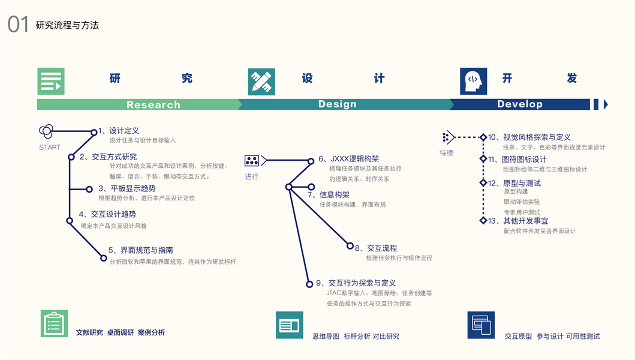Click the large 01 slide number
pyautogui.click(x=18, y=25)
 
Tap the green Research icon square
pyautogui.click(x=50, y=81)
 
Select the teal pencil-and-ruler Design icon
pyautogui.click(x=261, y=82)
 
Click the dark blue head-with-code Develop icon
pyautogui.click(x=473, y=81)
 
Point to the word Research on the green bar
pyautogui.click(x=153, y=105)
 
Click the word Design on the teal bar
pyautogui.click(x=337, y=104)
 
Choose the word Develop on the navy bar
pyautogui.click(x=519, y=104)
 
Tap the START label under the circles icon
pyautogui.click(x=50, y=148)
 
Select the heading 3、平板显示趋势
pyautogui.click(x=127, y=188)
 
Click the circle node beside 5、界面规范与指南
pyautogui.click(x=104, y=258)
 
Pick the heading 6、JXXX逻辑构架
pyautogui.click(x=348, y=159)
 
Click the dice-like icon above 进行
pyautogui.click(x=252, y=161)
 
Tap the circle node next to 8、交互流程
pyautogui.click(x=351, y=245)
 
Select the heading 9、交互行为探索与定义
pyautogui.click(x=356, y=283)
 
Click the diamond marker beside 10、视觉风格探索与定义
pyautogui.click(x=483, y=137)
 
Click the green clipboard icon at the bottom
pyautogui.click(x=54, y=324)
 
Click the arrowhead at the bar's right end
pyautogui.click(x=606, y=104)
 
